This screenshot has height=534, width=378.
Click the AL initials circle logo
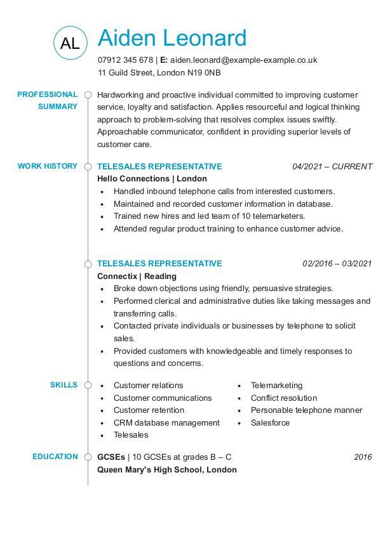70,43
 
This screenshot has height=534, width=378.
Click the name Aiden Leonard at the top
172,38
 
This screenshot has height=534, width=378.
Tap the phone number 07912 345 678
125,60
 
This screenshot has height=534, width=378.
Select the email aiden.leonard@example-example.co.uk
243,60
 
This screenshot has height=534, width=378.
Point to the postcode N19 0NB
204,73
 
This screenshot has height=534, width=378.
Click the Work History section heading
48,166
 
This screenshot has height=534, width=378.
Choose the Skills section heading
64,385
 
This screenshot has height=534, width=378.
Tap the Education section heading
55,457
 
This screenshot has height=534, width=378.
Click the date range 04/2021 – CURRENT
332,167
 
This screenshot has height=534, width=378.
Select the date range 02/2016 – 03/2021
337,264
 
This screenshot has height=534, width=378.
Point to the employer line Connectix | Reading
137,277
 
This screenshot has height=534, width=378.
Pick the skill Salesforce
270,423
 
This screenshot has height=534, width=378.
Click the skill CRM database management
166,423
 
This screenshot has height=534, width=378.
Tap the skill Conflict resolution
283,398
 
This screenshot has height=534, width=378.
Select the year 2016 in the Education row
363,457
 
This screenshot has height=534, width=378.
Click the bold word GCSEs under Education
111,457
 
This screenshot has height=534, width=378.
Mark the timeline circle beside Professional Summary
88,95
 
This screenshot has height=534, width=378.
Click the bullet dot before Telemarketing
240,386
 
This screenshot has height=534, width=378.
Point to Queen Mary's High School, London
167,470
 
